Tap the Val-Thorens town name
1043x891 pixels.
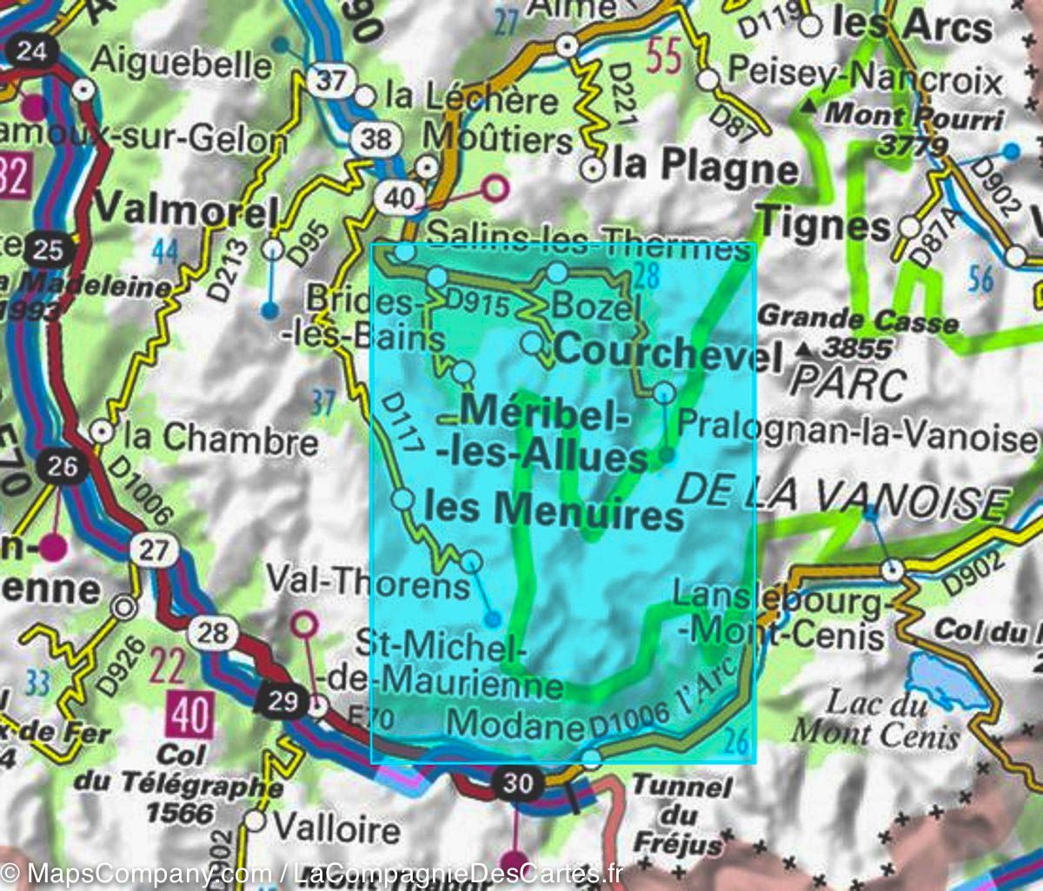368,581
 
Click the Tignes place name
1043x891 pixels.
825,225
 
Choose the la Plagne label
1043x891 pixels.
704,166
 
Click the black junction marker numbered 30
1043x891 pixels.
517,783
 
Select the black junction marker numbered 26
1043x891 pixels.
63,466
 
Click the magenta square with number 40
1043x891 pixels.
190,716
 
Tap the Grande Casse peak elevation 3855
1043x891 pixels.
857,349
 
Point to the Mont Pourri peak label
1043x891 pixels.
913,114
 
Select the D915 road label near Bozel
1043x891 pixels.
475,301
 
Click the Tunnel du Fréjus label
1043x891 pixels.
682,815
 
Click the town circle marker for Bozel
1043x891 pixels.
557,274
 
